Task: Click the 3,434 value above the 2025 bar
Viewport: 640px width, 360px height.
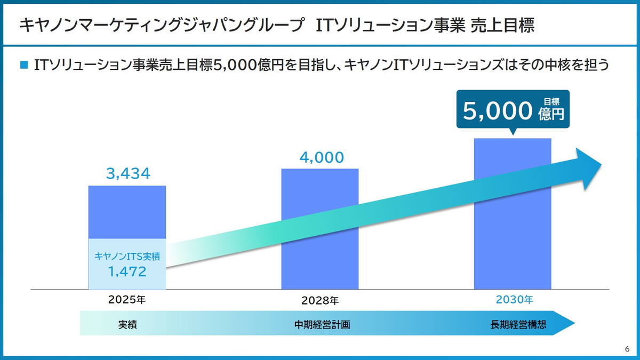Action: (128, 173)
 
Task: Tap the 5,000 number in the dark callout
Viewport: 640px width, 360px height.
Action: (498, 111)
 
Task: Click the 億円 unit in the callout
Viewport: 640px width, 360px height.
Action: (551, 114)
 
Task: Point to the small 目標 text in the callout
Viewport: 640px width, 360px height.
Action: (551, 101)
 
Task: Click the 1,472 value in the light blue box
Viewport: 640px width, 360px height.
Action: (127, 272)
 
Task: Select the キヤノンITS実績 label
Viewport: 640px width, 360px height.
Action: (127, 256)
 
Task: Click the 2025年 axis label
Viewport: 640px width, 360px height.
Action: (127, 300)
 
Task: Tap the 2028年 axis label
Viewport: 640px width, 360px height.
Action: (320, 301)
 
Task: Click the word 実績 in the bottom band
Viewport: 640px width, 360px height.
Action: (127, 324)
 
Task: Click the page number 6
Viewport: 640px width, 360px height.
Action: (627, 349)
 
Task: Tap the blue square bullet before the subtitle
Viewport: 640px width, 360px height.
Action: (23, 65)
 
